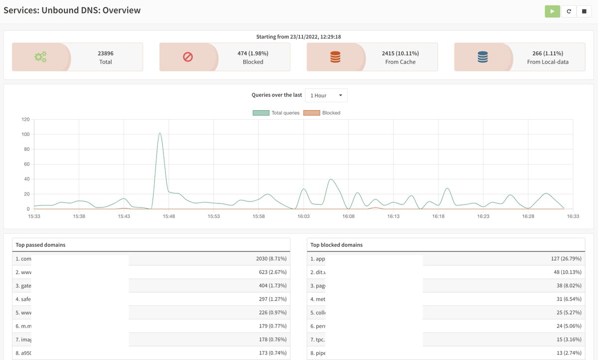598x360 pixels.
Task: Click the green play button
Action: coord(552,11)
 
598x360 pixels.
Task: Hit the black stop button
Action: coord(584,11)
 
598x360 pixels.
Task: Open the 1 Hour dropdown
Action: coord(326,95)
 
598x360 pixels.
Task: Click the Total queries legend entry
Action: coord(277,113)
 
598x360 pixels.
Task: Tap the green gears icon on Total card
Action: coord(40,57)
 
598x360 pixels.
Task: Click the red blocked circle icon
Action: coord(188,57)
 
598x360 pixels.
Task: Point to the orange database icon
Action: coord(335,57)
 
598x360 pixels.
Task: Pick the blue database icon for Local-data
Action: coord(482,57)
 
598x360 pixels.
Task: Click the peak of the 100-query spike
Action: coord(159,133)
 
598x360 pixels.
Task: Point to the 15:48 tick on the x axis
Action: coord(168,216)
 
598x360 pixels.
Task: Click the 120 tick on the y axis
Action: coord(25,120)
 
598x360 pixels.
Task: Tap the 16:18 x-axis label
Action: coord(438,216)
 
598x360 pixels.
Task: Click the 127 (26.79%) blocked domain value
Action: coord(566,259)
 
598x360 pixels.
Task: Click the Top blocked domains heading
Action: coord(336,245)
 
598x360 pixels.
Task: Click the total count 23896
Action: coord(106,53)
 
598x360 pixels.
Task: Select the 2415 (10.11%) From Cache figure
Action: coord(400,53)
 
